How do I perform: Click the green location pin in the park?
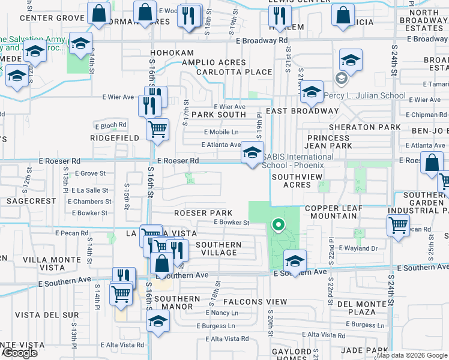coord(278,226)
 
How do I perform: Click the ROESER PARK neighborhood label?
coord(203,213)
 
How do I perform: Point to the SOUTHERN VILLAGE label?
coord(218,248)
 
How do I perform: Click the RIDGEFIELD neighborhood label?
coord(115,138)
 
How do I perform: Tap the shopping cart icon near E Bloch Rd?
coord(157,128)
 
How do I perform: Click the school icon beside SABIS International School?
coord(252,152)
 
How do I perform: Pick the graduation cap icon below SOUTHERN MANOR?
coord(157,321)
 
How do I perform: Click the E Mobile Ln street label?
coord(221,132)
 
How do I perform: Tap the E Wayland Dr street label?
coord(358,248)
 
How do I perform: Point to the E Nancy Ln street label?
coord(221,313)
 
